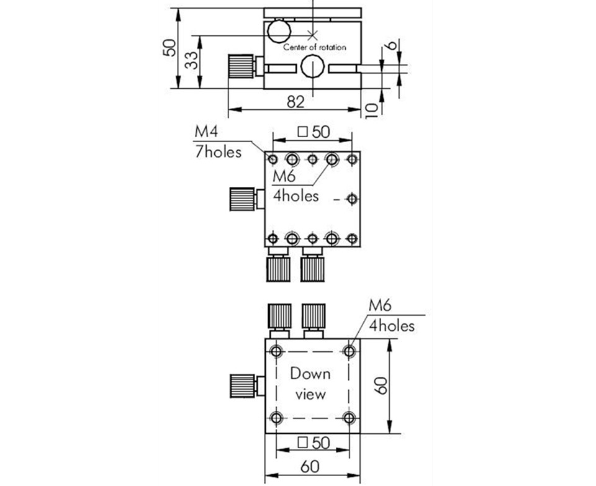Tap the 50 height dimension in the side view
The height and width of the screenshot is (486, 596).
(169, 48)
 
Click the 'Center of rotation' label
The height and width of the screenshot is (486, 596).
(315, 47)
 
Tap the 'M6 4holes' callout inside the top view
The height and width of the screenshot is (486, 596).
(296, 186)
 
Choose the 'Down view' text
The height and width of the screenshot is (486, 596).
(311, 384)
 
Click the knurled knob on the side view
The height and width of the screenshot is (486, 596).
(241, 66)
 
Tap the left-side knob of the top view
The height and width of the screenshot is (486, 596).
(242, 199)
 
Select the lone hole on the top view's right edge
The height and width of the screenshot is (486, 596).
(352, 199)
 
